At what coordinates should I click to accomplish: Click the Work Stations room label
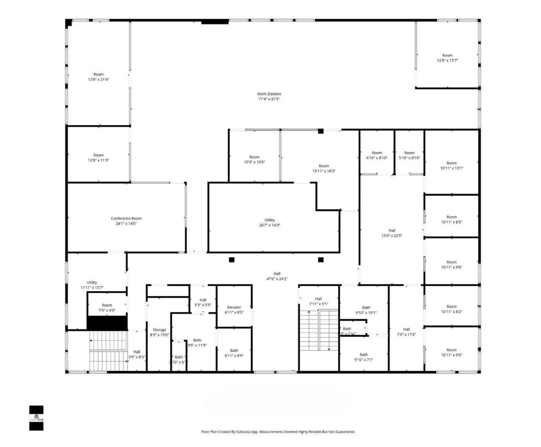269,94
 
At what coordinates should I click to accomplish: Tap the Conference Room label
126,218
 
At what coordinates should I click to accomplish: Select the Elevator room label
234,308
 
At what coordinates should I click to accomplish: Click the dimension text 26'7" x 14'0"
270,225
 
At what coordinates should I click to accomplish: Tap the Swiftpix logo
36,418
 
